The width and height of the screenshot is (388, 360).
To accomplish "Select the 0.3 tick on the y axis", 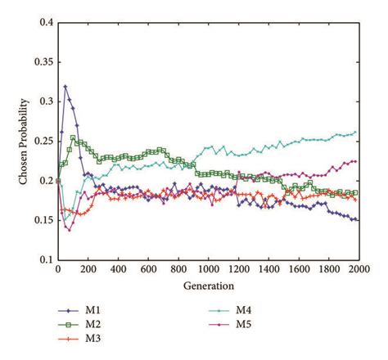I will point(47,101).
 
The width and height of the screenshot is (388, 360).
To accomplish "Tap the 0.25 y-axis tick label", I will point(43,141).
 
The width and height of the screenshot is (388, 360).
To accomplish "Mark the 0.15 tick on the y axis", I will point(43,220).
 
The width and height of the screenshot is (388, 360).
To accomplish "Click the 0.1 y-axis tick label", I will point(47,259).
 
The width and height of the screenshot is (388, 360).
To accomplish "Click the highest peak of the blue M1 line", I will point(65,86).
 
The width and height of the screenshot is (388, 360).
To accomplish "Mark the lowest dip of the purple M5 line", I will point(69,230).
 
